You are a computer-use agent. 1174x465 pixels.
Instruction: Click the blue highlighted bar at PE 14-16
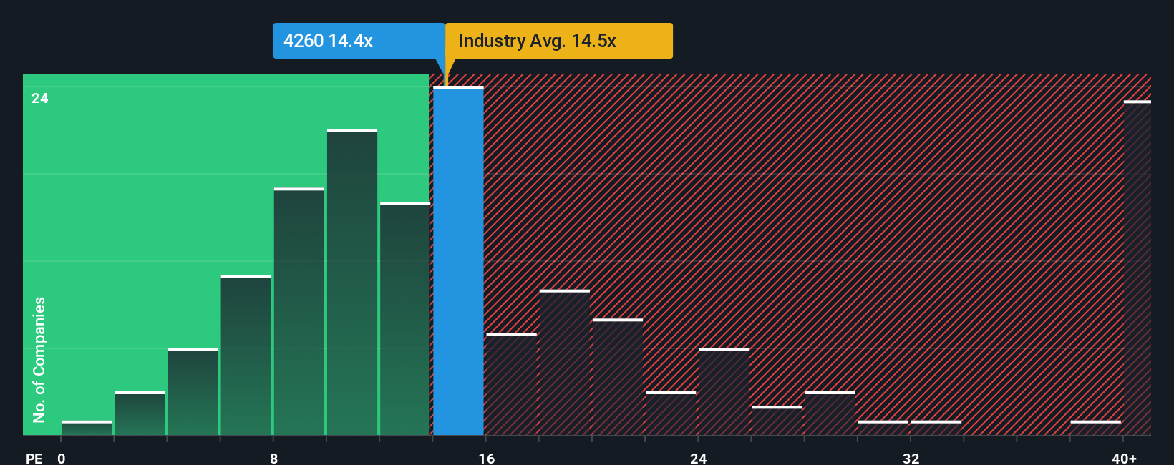click(458, 261)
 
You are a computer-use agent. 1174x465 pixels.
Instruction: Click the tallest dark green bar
click(352, 283)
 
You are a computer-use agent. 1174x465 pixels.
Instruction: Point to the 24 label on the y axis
click(40, 99)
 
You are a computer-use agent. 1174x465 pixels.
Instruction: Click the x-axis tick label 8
click(274, 458)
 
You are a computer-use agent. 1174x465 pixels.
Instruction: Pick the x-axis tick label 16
click(487, 458)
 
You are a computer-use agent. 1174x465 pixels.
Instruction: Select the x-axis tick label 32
click(911, 458)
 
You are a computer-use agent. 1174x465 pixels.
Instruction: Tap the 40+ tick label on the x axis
click(1124, 458)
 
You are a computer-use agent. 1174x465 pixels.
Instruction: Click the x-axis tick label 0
click(62, 458)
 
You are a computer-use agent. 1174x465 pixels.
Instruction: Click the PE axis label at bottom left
click(34, 458)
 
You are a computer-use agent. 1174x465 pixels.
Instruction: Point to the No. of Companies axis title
click(39, 359)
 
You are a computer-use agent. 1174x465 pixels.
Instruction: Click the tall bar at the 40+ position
click(1137, 268)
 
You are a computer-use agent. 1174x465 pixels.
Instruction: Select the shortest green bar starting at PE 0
click(87, 428)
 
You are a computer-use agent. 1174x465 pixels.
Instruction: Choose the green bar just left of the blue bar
click(405, 319)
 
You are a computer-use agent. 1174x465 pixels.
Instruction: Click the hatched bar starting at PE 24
click(724, 392)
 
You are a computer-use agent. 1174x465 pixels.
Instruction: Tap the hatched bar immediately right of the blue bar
click(511, 385)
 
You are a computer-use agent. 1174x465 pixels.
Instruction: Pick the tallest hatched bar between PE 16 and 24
click(565, 363)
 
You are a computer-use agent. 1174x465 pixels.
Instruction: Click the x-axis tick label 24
click(699, 458)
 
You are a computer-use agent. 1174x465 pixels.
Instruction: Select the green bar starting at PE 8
click(299, 312)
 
